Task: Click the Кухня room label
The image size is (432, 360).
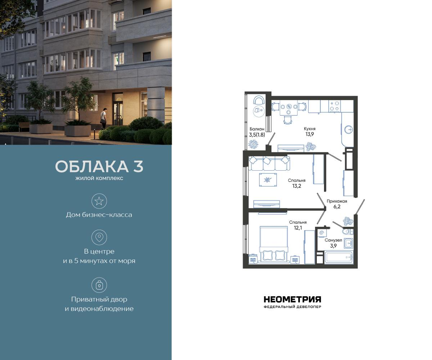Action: coord(310,129)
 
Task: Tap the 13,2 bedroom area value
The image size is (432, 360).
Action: coord(297,186)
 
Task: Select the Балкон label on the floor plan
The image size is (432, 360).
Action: coord(257,129)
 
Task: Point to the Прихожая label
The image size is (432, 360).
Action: coord(337,201)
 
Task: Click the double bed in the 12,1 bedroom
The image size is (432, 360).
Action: coord(274,245)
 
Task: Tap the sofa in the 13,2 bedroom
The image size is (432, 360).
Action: coord(270,163)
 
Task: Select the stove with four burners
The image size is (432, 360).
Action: coord(335,105)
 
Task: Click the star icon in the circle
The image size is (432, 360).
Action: coord(99,201)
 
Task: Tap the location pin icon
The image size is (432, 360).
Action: coord(99,237)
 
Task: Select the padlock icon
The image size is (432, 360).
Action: coord(99,285)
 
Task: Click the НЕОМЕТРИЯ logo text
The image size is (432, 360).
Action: coord(292,299)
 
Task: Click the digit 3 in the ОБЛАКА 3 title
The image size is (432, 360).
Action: coord(137,167)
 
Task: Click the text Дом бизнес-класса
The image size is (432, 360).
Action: coord(99,215)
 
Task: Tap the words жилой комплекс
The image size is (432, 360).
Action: coord(99,178)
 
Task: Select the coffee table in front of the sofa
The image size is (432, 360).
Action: coord(268,179)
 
